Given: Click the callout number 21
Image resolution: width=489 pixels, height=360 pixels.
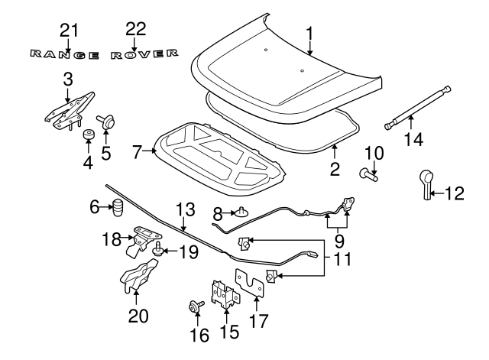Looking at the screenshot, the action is click(69, 31).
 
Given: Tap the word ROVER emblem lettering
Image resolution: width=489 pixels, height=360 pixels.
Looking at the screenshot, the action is click(144, 54).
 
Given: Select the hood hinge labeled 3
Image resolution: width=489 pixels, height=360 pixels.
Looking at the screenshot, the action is click(69, 110).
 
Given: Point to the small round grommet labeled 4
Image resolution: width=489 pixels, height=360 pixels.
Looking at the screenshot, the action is click(89, 135).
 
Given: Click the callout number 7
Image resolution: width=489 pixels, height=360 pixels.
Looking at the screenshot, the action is click(138, 152).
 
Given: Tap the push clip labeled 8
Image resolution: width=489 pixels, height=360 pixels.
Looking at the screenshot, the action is click(241, 212).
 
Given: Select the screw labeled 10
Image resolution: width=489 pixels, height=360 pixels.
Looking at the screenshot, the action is click(368, 174).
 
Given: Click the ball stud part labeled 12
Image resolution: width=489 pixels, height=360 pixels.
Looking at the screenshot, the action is click(426, 184).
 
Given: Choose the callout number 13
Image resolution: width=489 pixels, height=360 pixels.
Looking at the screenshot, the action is click(186, 209).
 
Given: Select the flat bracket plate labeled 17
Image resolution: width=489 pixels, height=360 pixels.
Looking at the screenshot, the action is click(250, 282).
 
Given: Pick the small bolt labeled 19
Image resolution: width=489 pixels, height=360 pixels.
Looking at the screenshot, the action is click(158, 249).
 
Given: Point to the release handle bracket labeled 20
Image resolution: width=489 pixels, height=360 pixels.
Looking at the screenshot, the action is click(138, 276).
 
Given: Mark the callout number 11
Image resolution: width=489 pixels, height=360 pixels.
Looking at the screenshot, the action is click(342, 259).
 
